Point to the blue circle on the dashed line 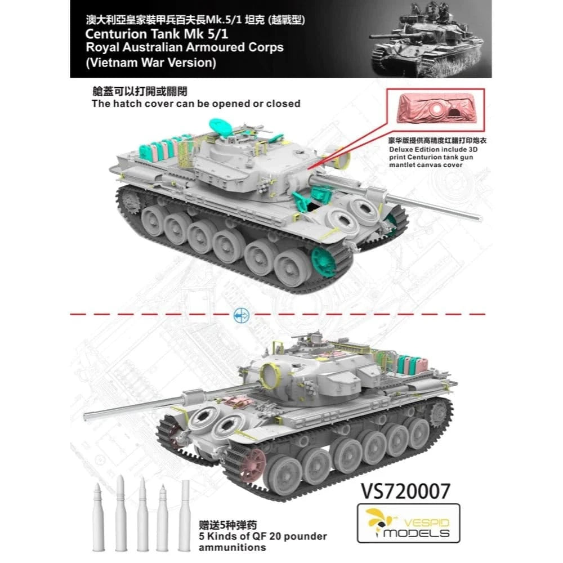click(238, 314)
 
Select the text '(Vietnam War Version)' click(143, 62)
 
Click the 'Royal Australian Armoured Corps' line click(177, 48)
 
